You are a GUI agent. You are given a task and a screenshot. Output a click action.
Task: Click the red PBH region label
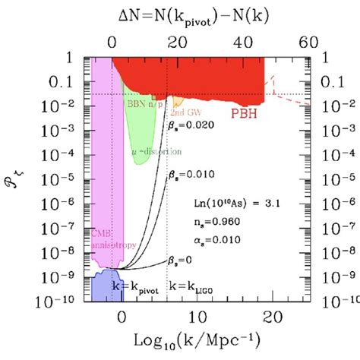tap(242, 113)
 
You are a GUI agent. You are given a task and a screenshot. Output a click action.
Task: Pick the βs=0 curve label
tap(180, 260)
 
